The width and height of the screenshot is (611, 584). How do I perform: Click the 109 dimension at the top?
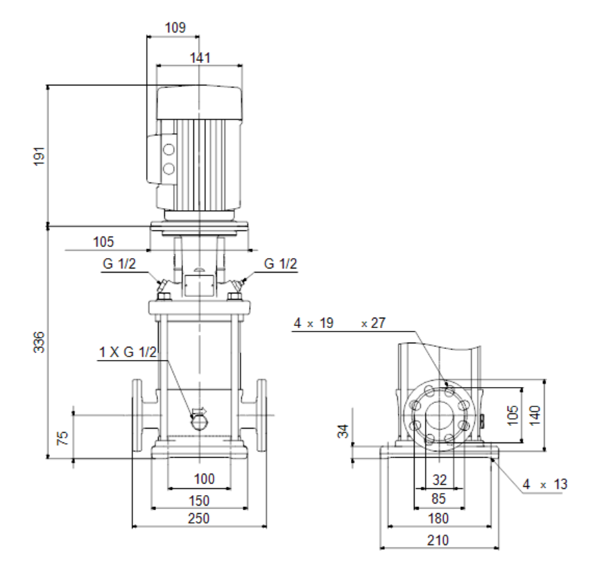[175, 27]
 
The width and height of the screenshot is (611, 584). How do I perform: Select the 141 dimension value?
[200, 58]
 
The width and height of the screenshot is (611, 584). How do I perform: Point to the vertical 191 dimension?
[40, 157]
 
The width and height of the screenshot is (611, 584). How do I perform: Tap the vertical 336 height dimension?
[40, 342]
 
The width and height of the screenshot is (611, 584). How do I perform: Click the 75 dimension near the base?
[62, 438]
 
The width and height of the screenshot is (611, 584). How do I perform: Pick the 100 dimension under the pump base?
[204, 479]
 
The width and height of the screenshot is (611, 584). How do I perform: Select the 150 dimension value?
[199, 500]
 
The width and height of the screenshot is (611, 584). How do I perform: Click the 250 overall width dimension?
[199, 518]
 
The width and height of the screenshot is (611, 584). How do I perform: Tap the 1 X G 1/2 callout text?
[128, 352]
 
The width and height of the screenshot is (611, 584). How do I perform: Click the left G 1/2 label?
[119, 264]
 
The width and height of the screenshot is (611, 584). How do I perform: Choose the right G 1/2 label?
[281, 264]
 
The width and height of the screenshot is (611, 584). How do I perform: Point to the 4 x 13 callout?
[544, 484]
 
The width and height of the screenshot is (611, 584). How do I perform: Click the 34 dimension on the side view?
[343, 431]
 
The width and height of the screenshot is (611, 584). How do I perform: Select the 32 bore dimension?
[440, 479]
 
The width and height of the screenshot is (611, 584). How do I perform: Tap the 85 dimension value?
[438, 498]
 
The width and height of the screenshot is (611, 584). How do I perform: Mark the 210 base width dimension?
[438, 540]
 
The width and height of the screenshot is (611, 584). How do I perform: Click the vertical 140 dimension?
[535, 415]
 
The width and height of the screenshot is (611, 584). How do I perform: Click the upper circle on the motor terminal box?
[169, 150]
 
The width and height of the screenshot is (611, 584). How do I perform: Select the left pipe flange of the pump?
[137, 415]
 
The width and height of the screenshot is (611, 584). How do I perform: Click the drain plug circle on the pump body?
[200, 422]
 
